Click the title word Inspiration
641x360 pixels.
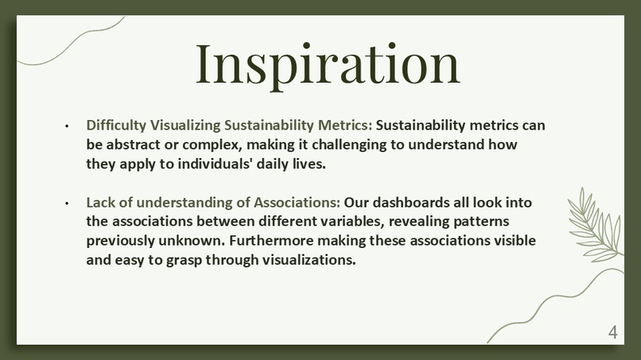(328, 64)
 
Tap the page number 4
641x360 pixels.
(612, 332)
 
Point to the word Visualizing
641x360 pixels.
(185, 126)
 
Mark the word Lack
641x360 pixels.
(101, 203)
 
